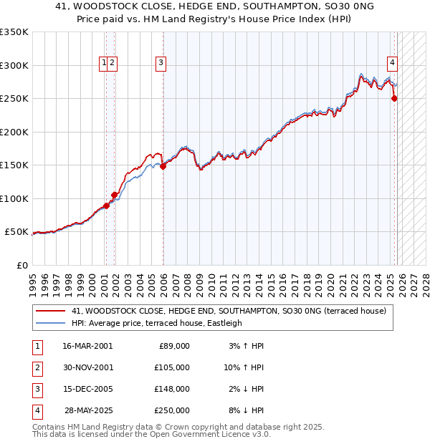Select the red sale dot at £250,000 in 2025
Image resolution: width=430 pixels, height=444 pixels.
pyautogui.click(x=394, y=99)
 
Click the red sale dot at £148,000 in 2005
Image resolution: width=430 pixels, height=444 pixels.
pyautogui.click(x=163, y=166)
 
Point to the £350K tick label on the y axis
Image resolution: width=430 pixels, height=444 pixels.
pyautogui.click(x=14, y=32)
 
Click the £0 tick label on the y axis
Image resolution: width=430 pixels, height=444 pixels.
pyautogui.click(x=21, y=265)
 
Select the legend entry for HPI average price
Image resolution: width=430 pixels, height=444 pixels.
pyautogui.click(x=157, y=323)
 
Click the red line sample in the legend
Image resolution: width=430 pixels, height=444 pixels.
pyautogui.click(x=50, y=311)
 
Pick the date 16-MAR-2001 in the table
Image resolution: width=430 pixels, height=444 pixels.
pyautogui.click(x=87, y=346)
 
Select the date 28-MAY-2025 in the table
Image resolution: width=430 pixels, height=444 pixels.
pyautogui.click(x=88, y=410)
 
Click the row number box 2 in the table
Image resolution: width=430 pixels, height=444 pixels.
pyautogui.click(x=36, y=367)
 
